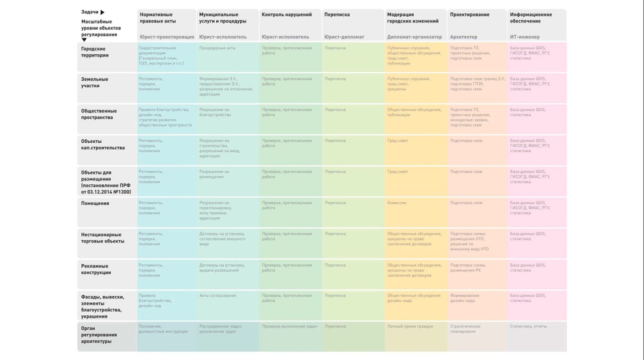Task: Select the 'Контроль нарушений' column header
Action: (287, 15)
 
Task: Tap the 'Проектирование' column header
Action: (469, 15)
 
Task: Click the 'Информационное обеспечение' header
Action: (531, 18)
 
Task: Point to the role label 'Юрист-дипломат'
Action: (344, 37)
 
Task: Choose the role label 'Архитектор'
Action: (463, 37)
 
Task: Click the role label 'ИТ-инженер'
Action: (525, 37)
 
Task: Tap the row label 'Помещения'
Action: (95, 203)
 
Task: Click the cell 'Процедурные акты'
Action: (217, 48)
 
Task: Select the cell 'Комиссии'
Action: (397, 203)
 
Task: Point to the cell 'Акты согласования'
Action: (218, 295)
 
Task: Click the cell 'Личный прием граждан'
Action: (410, 326)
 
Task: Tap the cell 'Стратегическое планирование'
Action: (465, 329)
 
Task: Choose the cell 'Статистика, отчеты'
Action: (528, 326)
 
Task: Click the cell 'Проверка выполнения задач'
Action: (290, 326)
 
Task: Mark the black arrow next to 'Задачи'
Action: (102, 12)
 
